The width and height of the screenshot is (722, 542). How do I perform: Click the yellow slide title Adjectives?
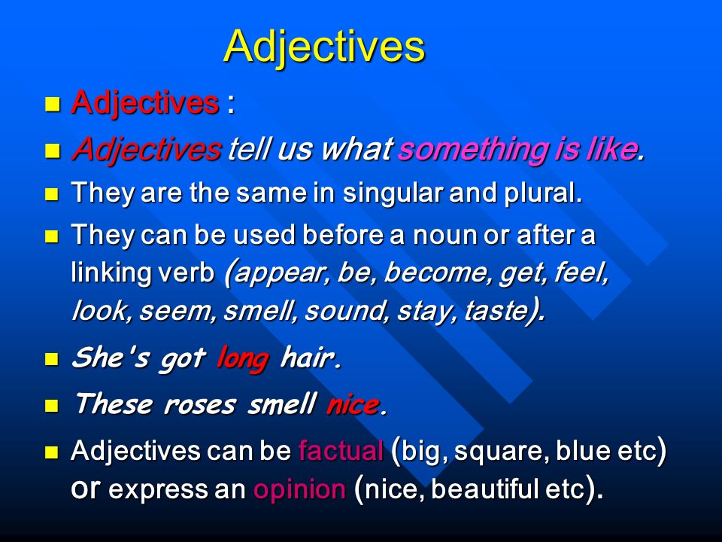pyautogui.click(x=324, y=47)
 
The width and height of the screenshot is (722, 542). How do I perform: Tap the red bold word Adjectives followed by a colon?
pyautogui.click(x=145, y=102)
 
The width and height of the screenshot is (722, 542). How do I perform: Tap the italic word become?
pyautogui.click(x=435, y=272)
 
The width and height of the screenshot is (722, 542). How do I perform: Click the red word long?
pyautogui.click(x=243, y=358)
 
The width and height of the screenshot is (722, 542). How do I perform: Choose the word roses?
pyautogui.click(x=200, y=405)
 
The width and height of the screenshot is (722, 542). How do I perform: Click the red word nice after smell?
pyautogui.click(x=353, y=405)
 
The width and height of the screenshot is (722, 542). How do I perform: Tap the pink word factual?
pyautogui.click(x=341, y=451)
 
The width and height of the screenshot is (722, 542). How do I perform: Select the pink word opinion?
pyautogui.click(x=299, y=489)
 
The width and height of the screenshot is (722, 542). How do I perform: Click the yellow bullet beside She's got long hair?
pyautogui.click(x=52, y=359)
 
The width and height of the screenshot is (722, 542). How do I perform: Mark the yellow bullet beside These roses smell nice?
pyautogui.click(x=52, y=406)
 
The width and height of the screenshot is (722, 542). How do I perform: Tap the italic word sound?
pyautogui.click(x=344, y=311)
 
